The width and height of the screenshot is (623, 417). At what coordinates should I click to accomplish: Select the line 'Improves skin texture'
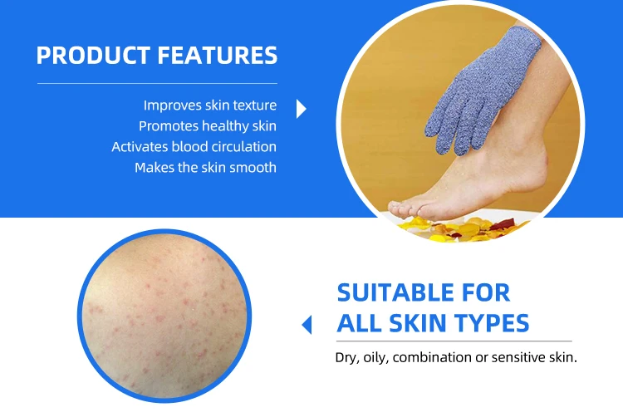coord(209,105)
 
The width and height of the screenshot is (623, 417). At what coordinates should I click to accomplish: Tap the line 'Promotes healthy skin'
coord(207,126)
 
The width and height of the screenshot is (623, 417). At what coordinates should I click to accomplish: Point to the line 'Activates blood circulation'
coord(194,147)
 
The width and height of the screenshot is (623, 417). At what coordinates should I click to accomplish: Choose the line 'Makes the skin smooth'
coord(205,168)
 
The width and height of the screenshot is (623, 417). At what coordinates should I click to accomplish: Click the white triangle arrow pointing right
coord(301,109)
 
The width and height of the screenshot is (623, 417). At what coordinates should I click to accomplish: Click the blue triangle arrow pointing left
coord(307,325)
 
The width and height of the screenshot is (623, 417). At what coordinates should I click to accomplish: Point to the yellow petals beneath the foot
coord(449,226)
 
